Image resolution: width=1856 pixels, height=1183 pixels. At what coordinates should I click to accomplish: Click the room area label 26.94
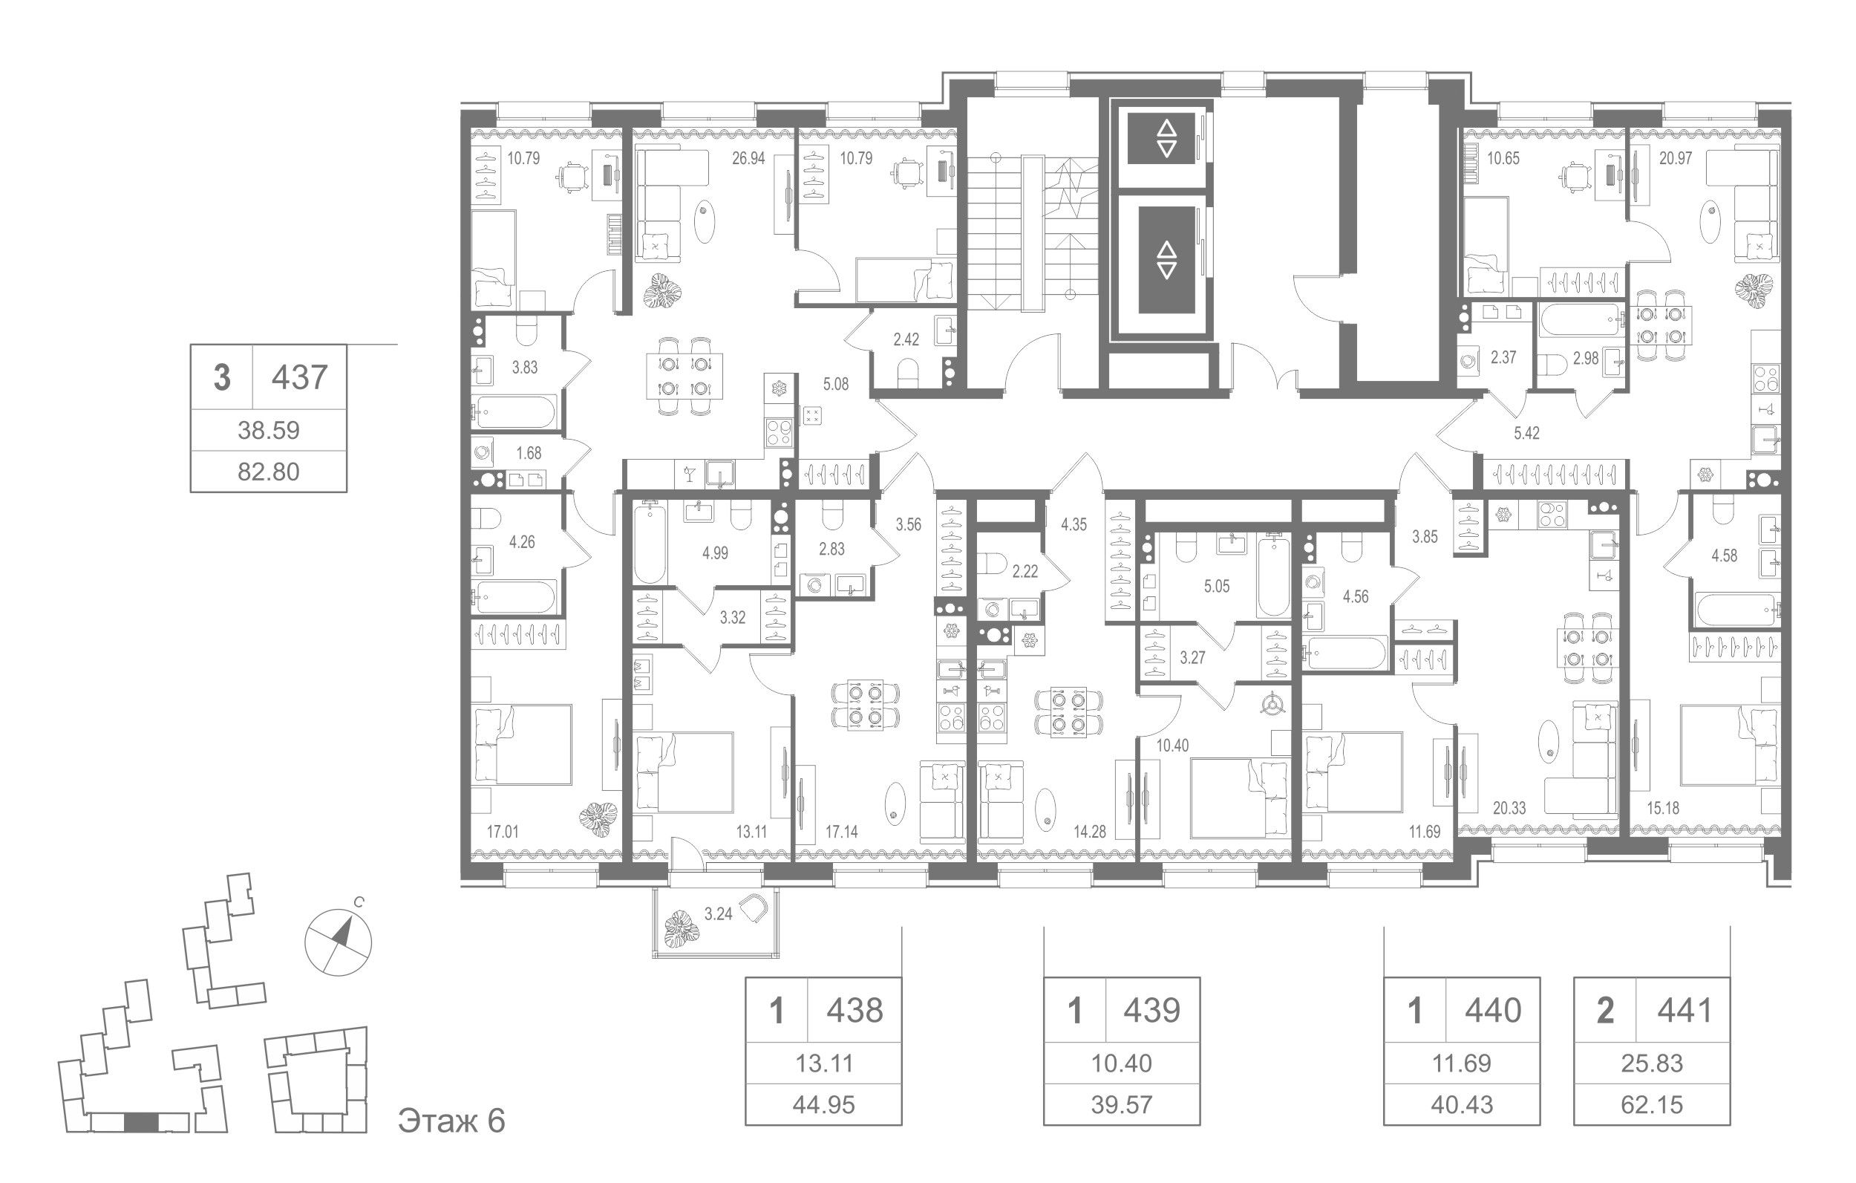pos(748,159)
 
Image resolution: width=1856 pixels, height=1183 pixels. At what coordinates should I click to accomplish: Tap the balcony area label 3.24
pos(719,915)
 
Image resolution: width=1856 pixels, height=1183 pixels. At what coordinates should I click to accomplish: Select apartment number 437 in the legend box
pos(300,378)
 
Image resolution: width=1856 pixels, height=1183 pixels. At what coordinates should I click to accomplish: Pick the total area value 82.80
pos(268,471)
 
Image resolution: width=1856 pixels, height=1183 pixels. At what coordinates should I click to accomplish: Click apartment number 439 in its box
pos(1151,1009)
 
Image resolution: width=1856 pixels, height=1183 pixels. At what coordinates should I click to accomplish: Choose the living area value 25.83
pos(1652,1063)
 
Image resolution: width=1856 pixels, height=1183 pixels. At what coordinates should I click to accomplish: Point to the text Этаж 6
pos(451,1121)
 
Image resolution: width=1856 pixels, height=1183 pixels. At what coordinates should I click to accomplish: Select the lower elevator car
pos(1166,261)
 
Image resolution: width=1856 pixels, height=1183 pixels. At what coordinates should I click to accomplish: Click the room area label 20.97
pos(1676,159)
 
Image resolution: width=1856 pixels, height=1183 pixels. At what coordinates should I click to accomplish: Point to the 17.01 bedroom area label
pos(503,832)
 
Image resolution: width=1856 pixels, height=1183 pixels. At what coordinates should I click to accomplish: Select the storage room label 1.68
pos(529,454)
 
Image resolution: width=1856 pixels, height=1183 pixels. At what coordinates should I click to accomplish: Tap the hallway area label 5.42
pos(1526,434)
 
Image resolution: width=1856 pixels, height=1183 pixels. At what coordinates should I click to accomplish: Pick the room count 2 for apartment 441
pos(1605,1009)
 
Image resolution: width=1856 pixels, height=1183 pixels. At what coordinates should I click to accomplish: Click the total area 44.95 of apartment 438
pos(824,1105)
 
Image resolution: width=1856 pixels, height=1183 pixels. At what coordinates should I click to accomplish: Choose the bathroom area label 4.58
pos(1724,555)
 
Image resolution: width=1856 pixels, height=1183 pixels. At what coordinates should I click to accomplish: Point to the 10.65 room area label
pos(1503,159)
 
